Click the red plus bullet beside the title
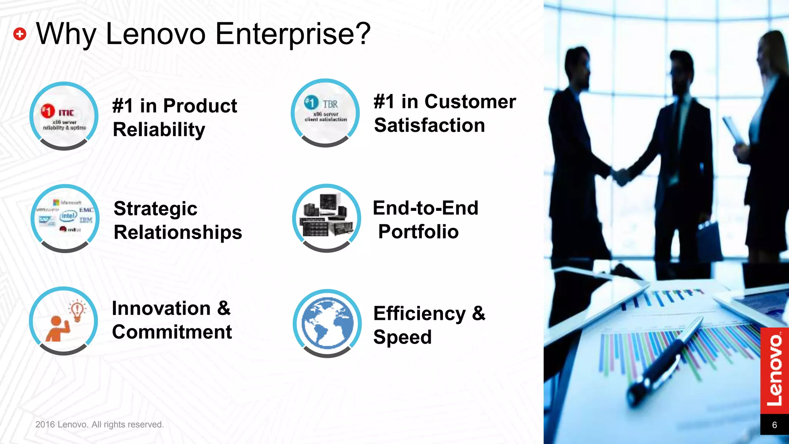click(x=20, y=34)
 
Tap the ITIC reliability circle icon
click(x=64, y=116)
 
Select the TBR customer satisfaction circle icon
click(x=325, y=113)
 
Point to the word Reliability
click(x=159, y=129)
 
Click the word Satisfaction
click(x=429, y=125)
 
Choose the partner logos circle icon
click(x=65, y=218)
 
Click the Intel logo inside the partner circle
click(x=68, y=216)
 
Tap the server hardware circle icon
click(x=326, y=218)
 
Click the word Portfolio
click(x=418, y=232)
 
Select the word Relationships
click(x=178, y=232)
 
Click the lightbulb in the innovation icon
click(x=77, y=310)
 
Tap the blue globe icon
click(x=327, y=323)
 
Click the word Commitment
click(x=172, y=332)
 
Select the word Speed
click(x=402, y=337)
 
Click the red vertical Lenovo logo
click(x=774, y=370)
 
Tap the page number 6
click(x=774, y=425)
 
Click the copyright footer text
click(x=99, y=424)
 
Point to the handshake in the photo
click(x=621, y=176)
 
